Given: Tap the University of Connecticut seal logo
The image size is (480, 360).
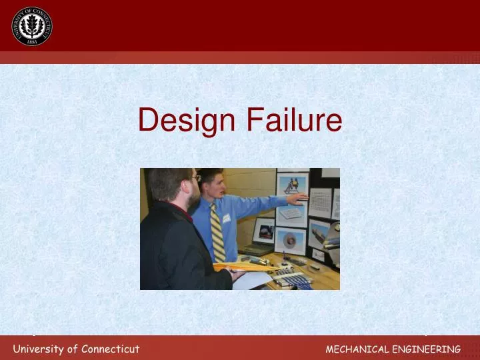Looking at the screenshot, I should (31, 26).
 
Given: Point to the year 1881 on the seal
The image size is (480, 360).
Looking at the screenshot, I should (31, 41).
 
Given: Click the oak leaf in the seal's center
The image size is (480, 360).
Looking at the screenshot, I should (31, 25).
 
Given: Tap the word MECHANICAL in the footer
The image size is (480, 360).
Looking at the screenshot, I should (355, 349).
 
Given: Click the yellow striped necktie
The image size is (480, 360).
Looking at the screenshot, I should (217, 233).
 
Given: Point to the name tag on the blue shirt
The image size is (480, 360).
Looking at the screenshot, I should (227, 217).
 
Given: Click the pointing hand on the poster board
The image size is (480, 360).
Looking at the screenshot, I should (299, 197).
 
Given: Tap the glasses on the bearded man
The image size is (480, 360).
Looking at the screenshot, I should (195, 178).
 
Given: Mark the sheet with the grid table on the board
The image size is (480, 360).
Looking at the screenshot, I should (321, 203).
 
